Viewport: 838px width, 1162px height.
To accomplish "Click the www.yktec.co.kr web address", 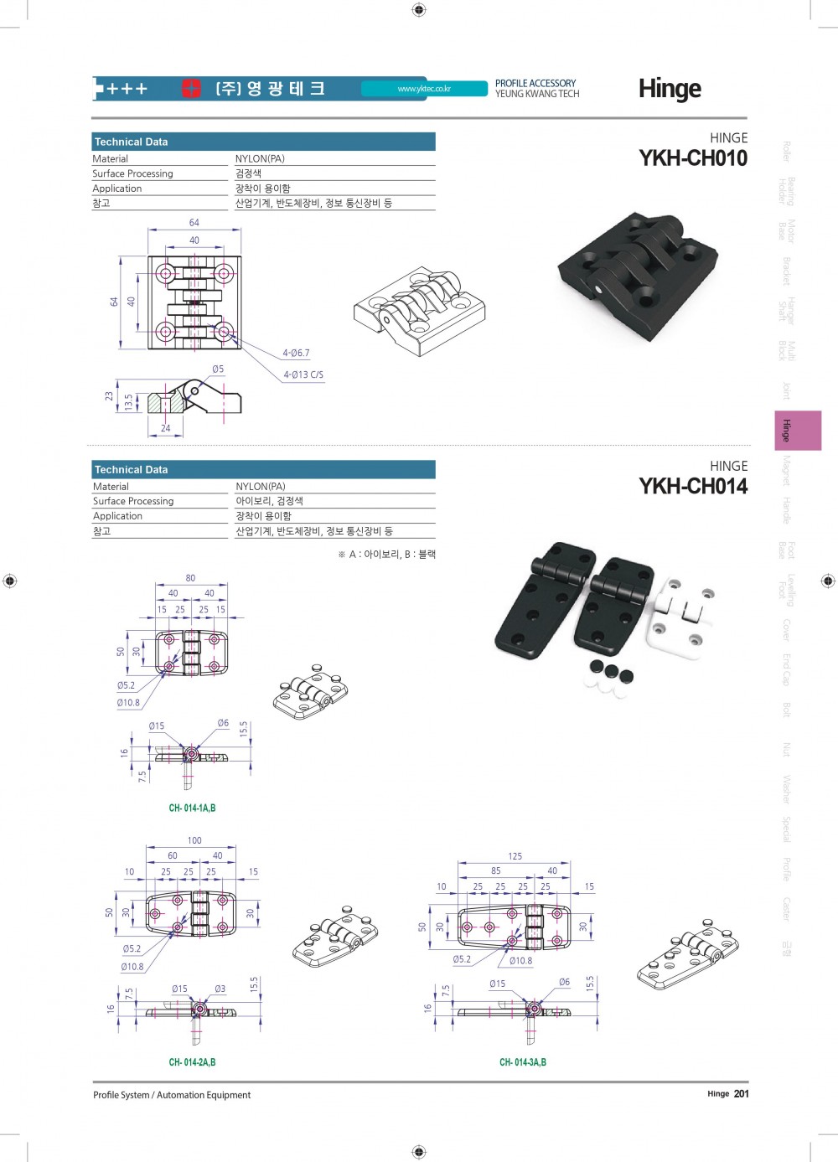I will pyautogui.click(x=424, y=89).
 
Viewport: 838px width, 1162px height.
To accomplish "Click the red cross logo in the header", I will pyautogui.click(x=192, y=88).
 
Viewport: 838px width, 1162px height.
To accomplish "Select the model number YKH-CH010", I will pyautogui.click(x=692, y=158).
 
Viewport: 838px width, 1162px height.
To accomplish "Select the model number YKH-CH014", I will pyautogui.click(x=692, y=487).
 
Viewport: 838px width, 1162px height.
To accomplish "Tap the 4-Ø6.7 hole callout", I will pyautogui.click(x=296, y=354).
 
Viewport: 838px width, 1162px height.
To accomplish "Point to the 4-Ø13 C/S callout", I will pyautogui.click(x=303, y=374).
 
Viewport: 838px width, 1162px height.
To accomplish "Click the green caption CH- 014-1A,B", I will pyautogui.click(x=192, y=808).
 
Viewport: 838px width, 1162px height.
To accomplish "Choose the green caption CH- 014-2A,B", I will pyautogui.click(x=192, y=1062).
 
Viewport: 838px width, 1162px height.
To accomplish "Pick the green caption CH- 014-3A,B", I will pyautogui.click(x=523, y=1062).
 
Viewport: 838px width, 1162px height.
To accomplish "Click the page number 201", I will pyautogui.click(x=742, y=1093).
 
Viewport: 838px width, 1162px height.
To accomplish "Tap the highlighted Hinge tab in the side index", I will pyautogui.click(x=797, y=431).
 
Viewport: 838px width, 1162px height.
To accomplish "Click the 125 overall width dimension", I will pyautogui.click(x=515, y=856).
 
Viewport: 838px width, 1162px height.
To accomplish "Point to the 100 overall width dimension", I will pyautogui.click(x=194, y=840).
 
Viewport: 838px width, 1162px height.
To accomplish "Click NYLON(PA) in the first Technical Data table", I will pyautogui.click(x=260, y=158).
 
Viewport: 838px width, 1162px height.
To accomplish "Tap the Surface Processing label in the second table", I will pyautogui.click(x=133, y=501).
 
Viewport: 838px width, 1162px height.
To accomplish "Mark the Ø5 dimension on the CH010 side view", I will pyautogui.click(x=218, y=369).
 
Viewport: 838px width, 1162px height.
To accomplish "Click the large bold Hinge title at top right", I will pyautogui.click(x=670, y=88).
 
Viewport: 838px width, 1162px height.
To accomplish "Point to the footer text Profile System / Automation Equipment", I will pyautogui.click(x=172, y=1095).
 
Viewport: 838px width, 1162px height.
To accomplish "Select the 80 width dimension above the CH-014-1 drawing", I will pyautogui.click(x=190, y=578).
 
